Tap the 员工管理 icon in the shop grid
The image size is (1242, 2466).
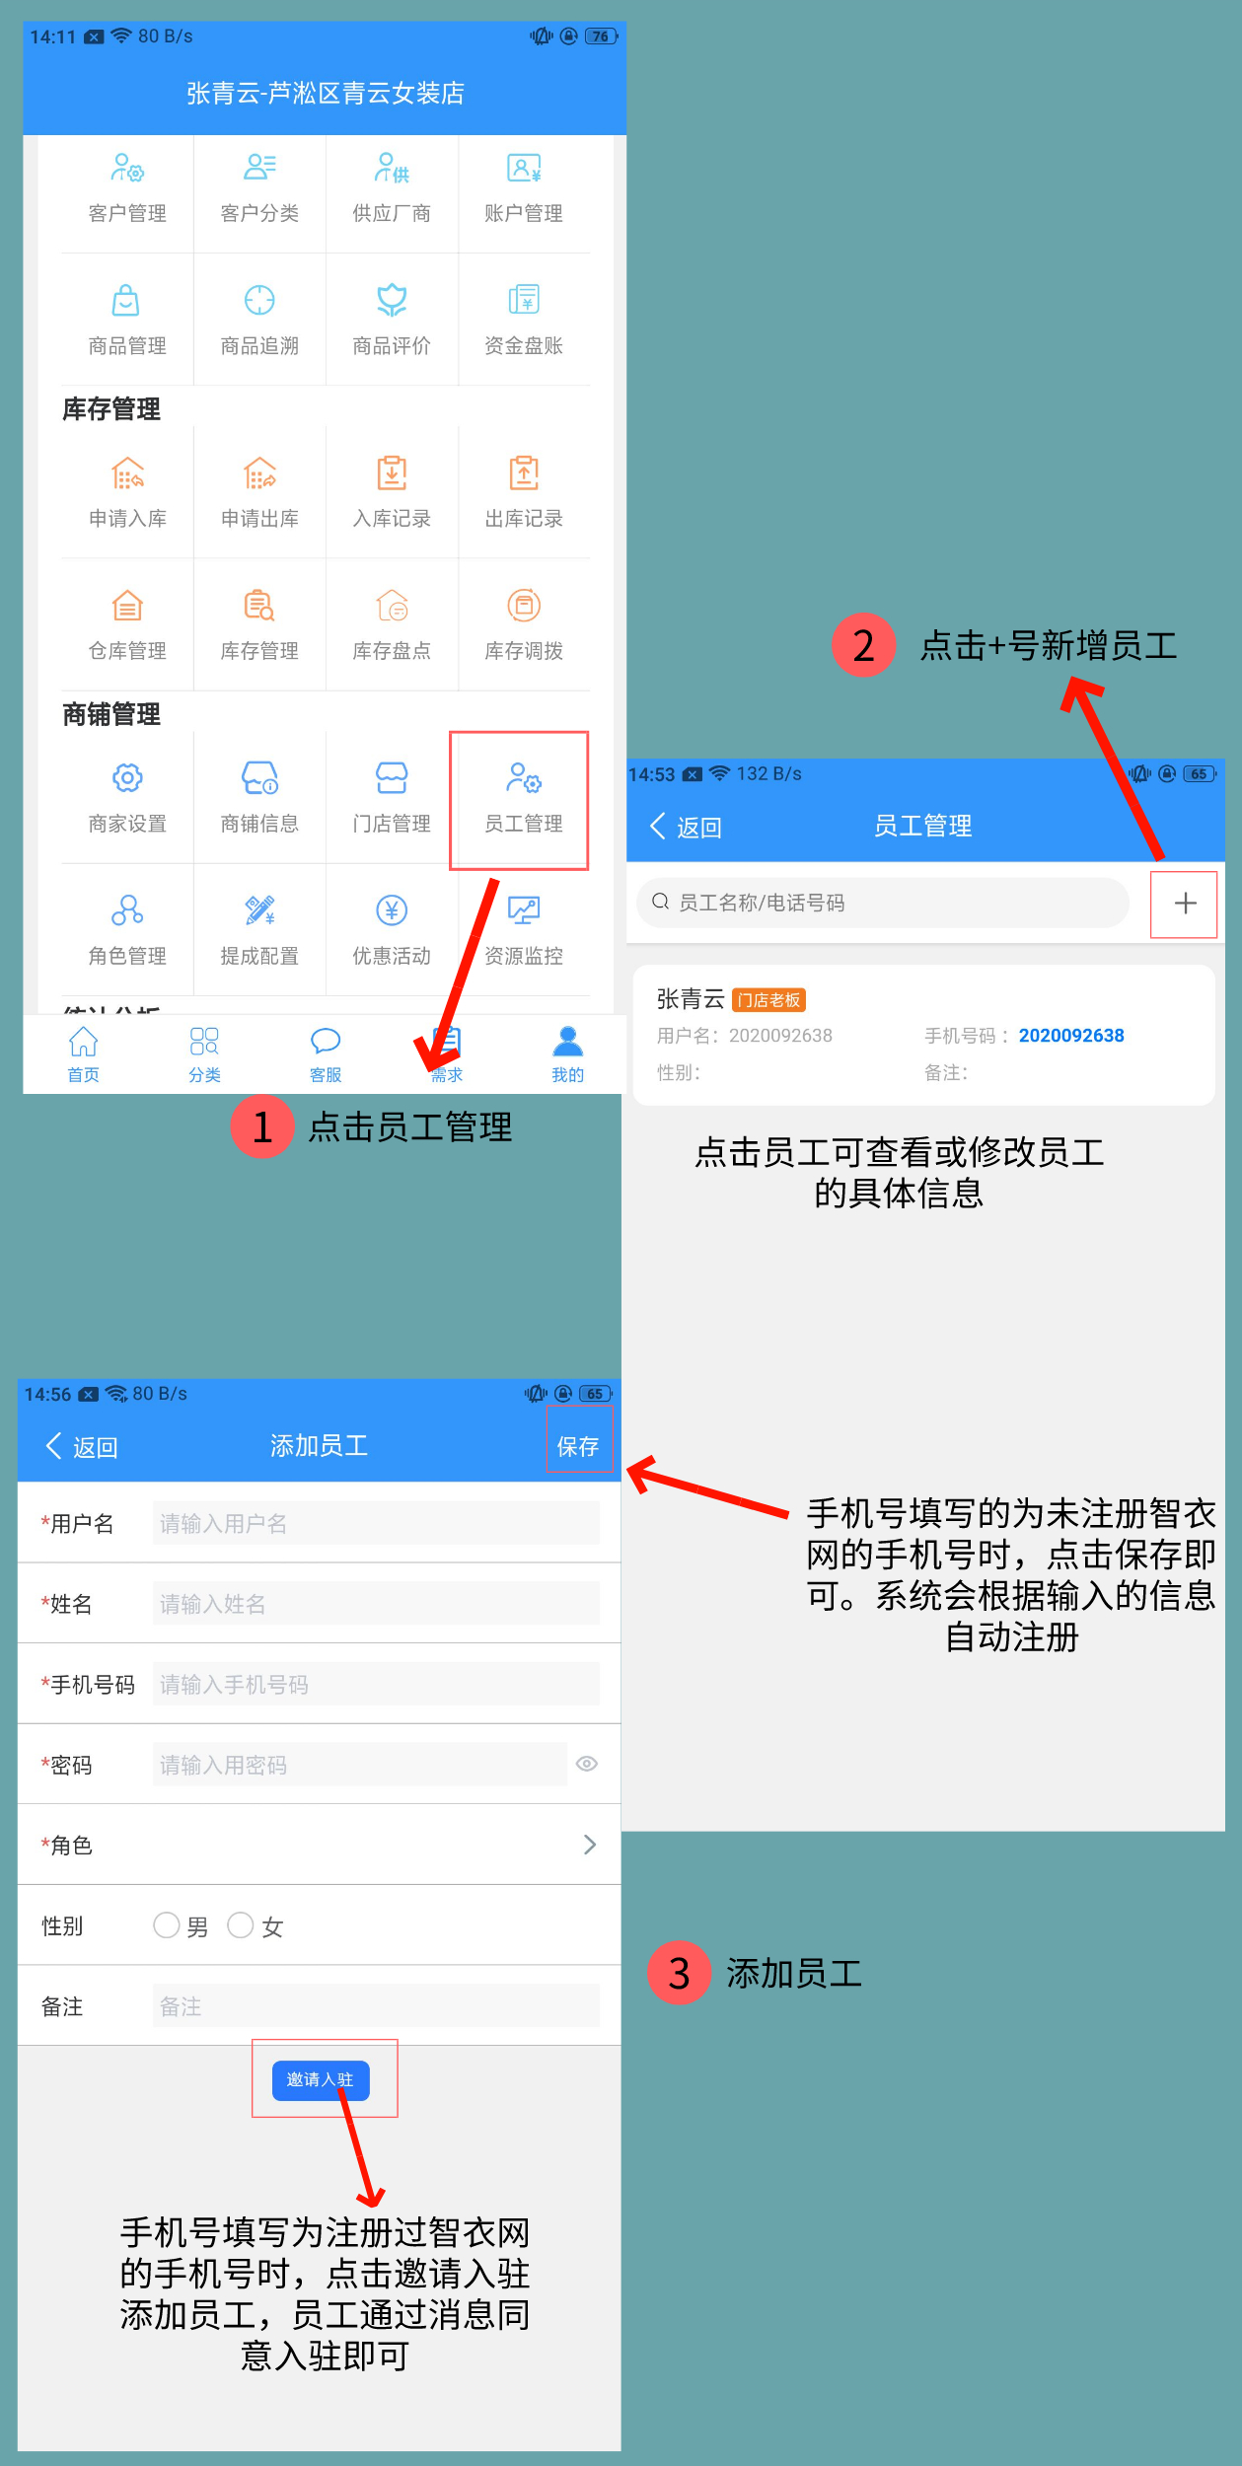tap(524, 779)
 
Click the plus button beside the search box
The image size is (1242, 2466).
tap(1185, 903)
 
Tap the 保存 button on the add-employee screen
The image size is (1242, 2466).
tap(578, 1446)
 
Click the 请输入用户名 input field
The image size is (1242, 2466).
tap(376, 1523)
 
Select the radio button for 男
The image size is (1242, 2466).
tap(166, 1924)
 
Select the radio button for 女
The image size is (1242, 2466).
tap(241, 1924)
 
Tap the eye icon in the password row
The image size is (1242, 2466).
tap(587, 1764)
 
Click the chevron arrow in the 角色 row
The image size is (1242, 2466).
tap(590, 1845)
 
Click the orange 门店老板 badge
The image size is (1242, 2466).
tap(769, 1000)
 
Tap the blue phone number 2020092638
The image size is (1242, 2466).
tap(1071, 1036)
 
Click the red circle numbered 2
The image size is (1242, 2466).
tap(863, 645)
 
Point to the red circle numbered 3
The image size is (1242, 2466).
tap(679, 1973)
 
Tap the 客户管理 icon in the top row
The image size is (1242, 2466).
tap(127, 168)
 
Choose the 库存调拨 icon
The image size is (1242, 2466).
tap(524, 605)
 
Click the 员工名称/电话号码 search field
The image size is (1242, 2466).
tap(883, 903)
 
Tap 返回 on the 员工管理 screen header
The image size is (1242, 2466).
tap(687, 827)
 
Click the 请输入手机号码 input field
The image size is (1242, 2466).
tap(376, 1684)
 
